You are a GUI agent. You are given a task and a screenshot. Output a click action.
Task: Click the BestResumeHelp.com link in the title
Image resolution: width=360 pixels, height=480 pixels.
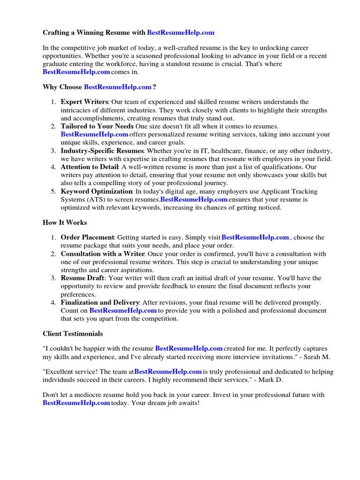coord(180,33)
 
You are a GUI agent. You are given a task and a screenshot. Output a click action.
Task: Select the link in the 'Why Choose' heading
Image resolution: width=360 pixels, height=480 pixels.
coord(117,87)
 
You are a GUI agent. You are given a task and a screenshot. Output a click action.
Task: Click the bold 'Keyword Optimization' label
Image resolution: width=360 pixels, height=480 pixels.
coord(97,191)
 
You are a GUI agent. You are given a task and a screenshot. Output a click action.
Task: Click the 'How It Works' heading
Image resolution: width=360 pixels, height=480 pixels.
coord(65,223)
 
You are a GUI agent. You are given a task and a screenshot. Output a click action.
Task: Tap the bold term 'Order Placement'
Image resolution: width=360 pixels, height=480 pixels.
coord(87,237)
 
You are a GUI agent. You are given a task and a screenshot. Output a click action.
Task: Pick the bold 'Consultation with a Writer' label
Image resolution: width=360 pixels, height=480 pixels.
coord(103,254)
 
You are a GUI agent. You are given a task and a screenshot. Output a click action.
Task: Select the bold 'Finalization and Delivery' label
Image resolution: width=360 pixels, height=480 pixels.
coord(100,302)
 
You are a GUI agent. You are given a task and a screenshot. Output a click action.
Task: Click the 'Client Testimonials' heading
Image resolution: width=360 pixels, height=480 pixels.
coord(73,334)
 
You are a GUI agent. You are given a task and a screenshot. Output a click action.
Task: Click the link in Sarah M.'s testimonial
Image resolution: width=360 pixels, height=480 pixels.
coord(188,348)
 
